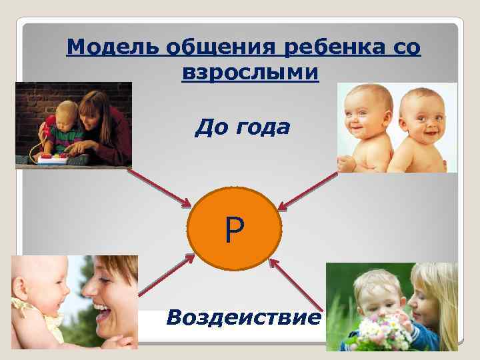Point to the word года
[261, 127]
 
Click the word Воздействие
[243, 317]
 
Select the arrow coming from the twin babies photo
[308, 190]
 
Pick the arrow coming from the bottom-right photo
[297, 282]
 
